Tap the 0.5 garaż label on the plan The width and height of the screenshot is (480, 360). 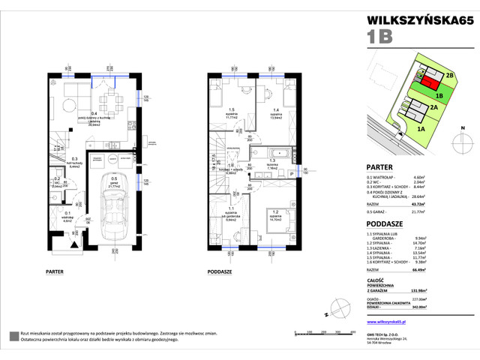[113, 181]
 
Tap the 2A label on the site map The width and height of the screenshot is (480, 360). [433, 107]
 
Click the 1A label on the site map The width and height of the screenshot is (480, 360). [421, 128]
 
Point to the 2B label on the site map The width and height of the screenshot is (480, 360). [449, 75]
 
